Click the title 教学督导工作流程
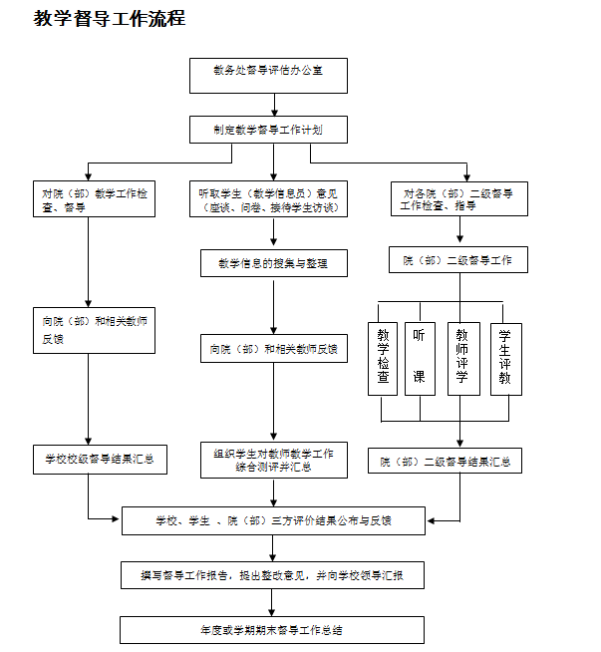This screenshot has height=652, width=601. coord(110,19)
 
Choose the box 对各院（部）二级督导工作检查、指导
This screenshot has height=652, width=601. coord(458,198)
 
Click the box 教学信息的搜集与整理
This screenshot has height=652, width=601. coord(273,263)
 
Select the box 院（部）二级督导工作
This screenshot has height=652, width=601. coord(458,260)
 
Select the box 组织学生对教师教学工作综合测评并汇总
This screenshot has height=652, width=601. coord(273,461)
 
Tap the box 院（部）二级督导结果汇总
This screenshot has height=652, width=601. coord(446,462)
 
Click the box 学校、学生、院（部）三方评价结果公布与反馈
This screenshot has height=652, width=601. coord(273,520)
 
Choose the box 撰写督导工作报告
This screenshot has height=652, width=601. coord(273,575)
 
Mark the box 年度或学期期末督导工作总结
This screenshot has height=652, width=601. coord(273,630)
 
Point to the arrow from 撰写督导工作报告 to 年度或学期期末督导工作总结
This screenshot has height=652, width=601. coord(273,602)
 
